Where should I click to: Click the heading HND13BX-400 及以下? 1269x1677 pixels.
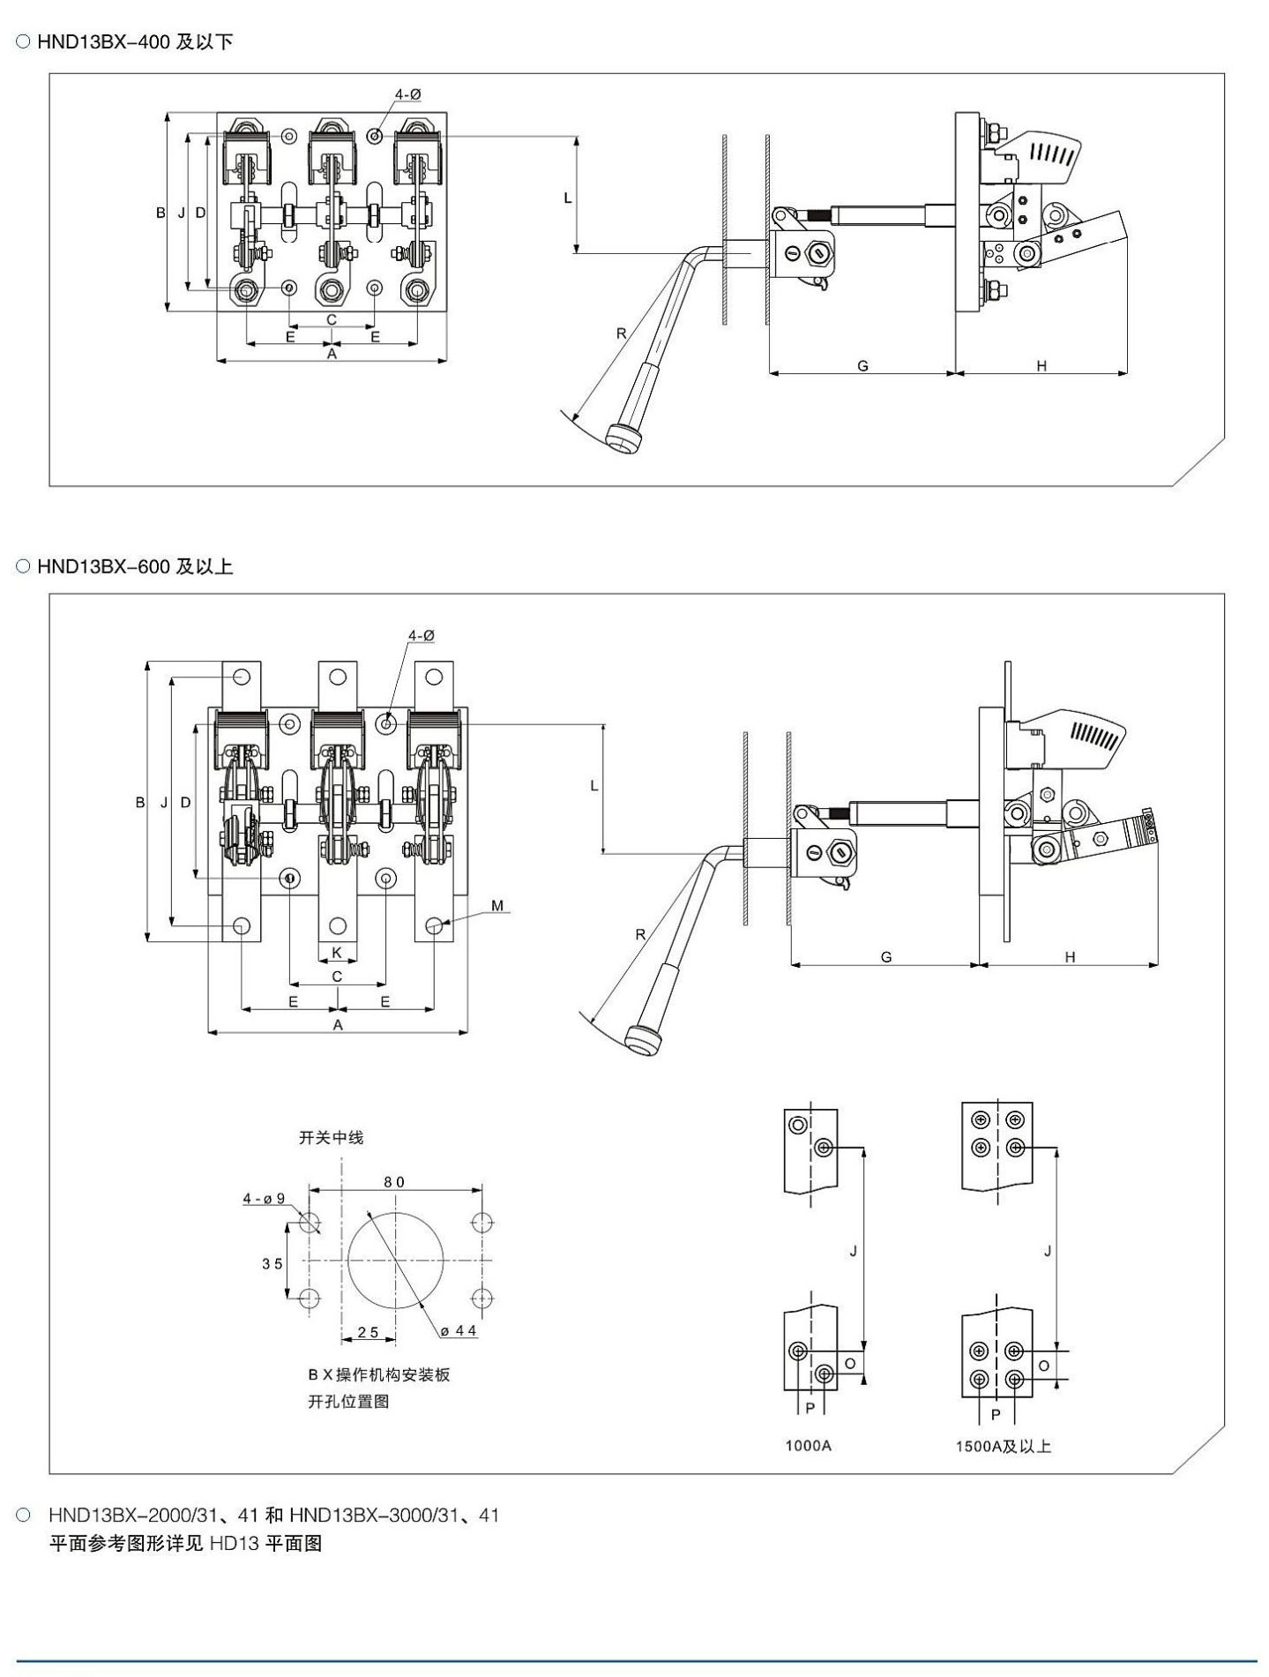point(135,42)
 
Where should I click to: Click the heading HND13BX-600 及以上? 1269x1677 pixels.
point(135,567)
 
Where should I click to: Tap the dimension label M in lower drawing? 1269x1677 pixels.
point(497,906)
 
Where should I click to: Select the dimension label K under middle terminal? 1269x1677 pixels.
point(337,953)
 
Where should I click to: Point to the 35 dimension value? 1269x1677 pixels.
point(272,1263)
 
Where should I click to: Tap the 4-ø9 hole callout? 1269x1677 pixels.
point(265,1199)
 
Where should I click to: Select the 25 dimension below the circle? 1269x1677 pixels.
point(368,1332)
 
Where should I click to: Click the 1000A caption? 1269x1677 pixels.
point(809,1445)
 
